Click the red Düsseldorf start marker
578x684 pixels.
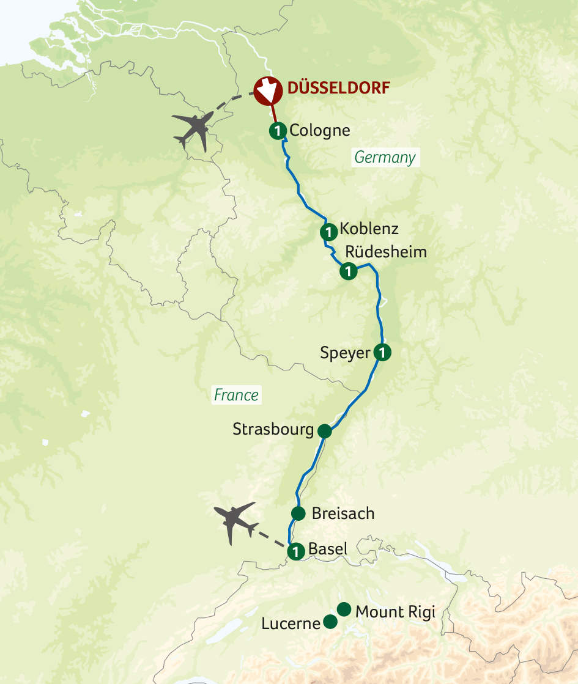pyautogui.click(x=267, y=91)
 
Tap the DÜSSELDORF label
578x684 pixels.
pyautogui.click(x=338, y=88)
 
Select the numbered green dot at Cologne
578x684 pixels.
pyautogui.click(x=278, y=130)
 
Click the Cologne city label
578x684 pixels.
pyautogui.click(x=320, y=130)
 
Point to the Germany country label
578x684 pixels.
pyautogui.click(x=385, y=157)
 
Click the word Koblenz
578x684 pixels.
pyautogui.click(x=369, y=229)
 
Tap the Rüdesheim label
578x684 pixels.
pyautogui.click(x=386, y=252)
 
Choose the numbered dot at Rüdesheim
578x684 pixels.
pyautogui.click(x=348, y=271)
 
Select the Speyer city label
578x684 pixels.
pyautogui.click(x=346, y=353)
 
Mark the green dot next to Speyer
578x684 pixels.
pyautogui.click(x=382, y=353)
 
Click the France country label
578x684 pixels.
pyautogui.click(x=237, y=395)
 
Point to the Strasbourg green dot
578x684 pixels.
pyautogui.click(x=324, y=431)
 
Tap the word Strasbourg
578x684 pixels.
pyautogui.click(x=273, y=430)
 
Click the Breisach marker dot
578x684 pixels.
pyautogui.click(x=298, y=513)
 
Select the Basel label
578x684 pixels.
pyautogui.click(x=328, y=549)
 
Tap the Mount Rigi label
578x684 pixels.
pyautogui.click(x=395, y=611)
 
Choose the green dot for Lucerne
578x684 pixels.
pyautogui.click(x=330, y=622)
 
